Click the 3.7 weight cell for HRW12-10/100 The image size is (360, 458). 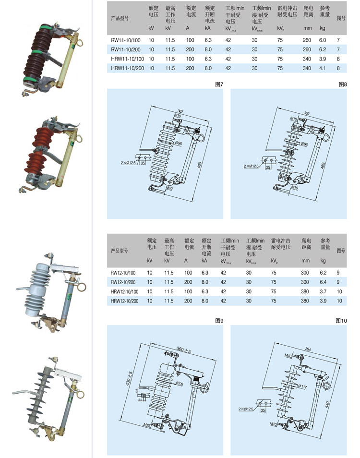(323, 292)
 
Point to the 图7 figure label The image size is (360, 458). (219, 84)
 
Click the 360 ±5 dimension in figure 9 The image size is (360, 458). (183, 351)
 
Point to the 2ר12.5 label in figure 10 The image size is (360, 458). (248, 409)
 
